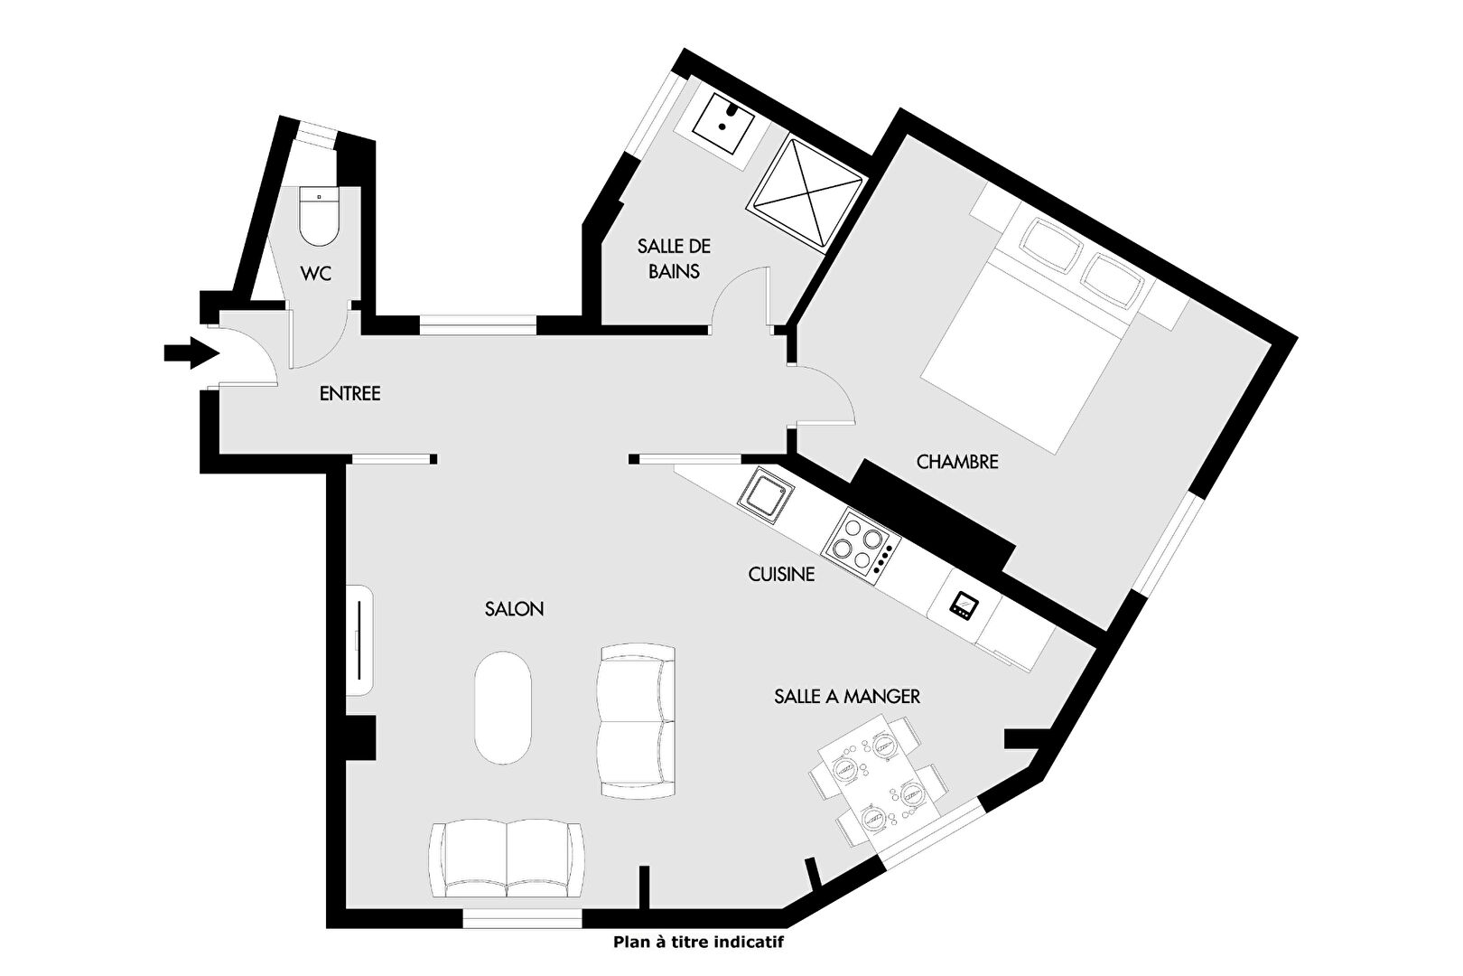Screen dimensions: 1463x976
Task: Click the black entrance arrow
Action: coord(191,353)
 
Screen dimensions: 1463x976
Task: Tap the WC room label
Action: coord(316,273)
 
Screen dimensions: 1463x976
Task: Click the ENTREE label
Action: coord(350,393)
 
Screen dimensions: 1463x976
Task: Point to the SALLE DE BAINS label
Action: coord(674,258)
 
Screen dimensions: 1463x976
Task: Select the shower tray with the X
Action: coord(807,193)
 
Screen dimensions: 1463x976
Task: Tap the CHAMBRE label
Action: coord(957,462)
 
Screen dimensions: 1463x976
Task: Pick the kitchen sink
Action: coord(766,495)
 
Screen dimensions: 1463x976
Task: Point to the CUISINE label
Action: coord(781,575)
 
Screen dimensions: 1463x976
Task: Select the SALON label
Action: coord(514,609)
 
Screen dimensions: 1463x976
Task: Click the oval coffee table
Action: coord(502,709)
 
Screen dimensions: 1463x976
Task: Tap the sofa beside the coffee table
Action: coord(636,720)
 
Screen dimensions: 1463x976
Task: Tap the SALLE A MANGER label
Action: coord(847,697)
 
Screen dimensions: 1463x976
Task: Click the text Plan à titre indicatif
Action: coord(698,942)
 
